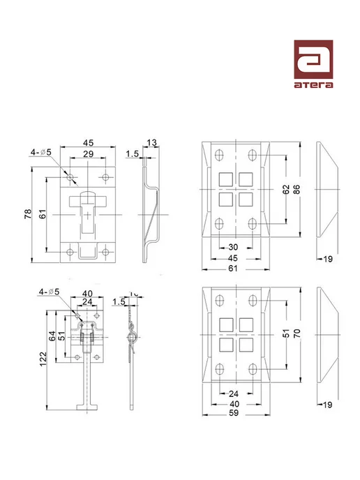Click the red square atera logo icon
[313, 59]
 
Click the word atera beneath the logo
[313, 85]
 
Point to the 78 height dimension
[28, 213]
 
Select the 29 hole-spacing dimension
[88, 153]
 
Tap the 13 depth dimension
[151, 142]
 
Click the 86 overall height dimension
[297, 190]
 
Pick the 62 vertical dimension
[285, 190]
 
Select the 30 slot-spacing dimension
[233, 247]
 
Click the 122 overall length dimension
[43, 359]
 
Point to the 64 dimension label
[52, 336]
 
